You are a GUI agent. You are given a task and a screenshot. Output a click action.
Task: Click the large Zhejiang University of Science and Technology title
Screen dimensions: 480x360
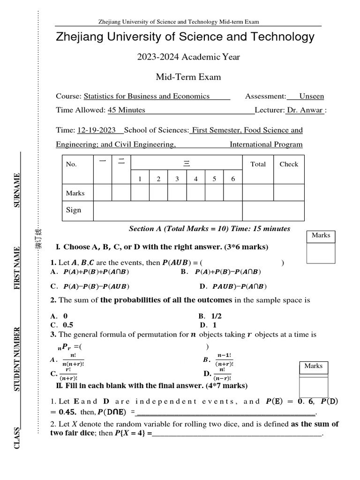click(x=185, y=37)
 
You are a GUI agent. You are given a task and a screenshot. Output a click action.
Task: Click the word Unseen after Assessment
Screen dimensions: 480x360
click(x=311, y=97)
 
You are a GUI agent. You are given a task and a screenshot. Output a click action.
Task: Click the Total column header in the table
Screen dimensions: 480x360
click(x=258, y=164)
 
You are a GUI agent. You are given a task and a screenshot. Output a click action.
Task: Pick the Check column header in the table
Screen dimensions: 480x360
click(x=289, y=164)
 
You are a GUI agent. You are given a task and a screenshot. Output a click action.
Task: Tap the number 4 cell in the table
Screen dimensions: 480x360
click(x=195, y=179)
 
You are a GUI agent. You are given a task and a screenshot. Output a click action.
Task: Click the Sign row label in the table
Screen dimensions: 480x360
click(x=74, y=210)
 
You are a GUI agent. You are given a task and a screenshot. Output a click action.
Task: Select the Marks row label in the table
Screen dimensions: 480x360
click(x=75, y=193)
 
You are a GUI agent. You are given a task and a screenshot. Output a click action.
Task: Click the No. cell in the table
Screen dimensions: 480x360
click(x=71, y=165)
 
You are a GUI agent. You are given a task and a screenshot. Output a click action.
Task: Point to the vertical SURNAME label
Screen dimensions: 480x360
click(x=17, y=190)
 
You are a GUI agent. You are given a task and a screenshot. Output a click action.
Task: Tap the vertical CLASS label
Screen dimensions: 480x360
click(x=17, y=438)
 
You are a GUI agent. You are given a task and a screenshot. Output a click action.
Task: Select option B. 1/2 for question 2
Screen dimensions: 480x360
click(x=210, y=316)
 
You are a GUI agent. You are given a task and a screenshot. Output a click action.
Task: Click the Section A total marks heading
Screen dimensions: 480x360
click(x=210, y=229)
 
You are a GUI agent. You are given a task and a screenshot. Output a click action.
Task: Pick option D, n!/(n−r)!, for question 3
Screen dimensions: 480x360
click(x=218, y=374)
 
